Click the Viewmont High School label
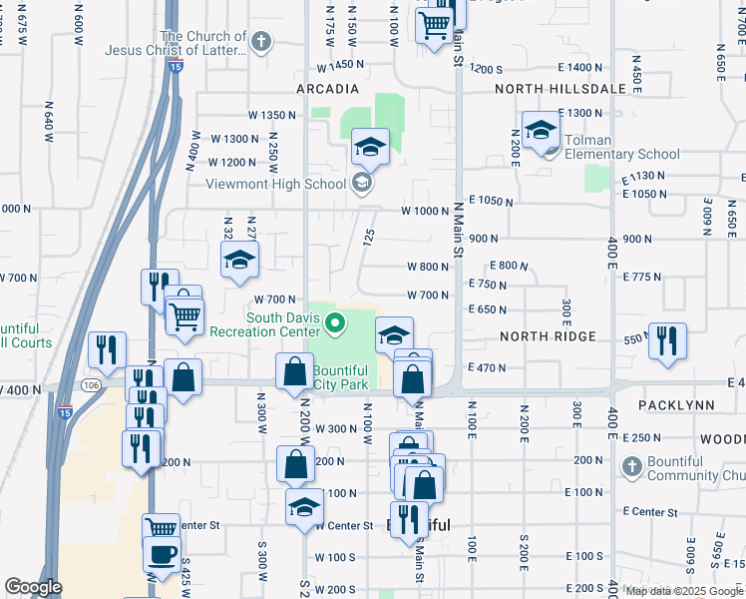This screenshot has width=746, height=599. pyautogui.click(x=275, y=184)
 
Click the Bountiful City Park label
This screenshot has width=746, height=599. pyautogui.click(x=340, y=377)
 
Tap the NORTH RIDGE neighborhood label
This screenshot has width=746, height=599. pyautogui.click(x=549, y=337)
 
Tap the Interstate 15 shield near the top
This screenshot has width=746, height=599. pyautogui.click(x=176, y=67)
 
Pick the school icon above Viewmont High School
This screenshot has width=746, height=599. pyautogui.click(x=370, y=148)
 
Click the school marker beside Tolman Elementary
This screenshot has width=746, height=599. pyautogui.click(x=542, y=131)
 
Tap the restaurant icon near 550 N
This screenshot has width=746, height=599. pyautogui.click(x=667, y=339)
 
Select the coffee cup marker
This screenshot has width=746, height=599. pyautogui.click(x=162, y=553)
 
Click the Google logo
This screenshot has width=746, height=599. pyautogui.click(x=33, y=587)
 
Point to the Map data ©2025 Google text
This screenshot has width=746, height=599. pyautogui.click(x=684, y=591)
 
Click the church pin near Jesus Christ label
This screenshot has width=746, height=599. pyautogui.click(x=260, y=42)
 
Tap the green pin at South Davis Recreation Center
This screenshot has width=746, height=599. pyautogui.click(x=336, y=323)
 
